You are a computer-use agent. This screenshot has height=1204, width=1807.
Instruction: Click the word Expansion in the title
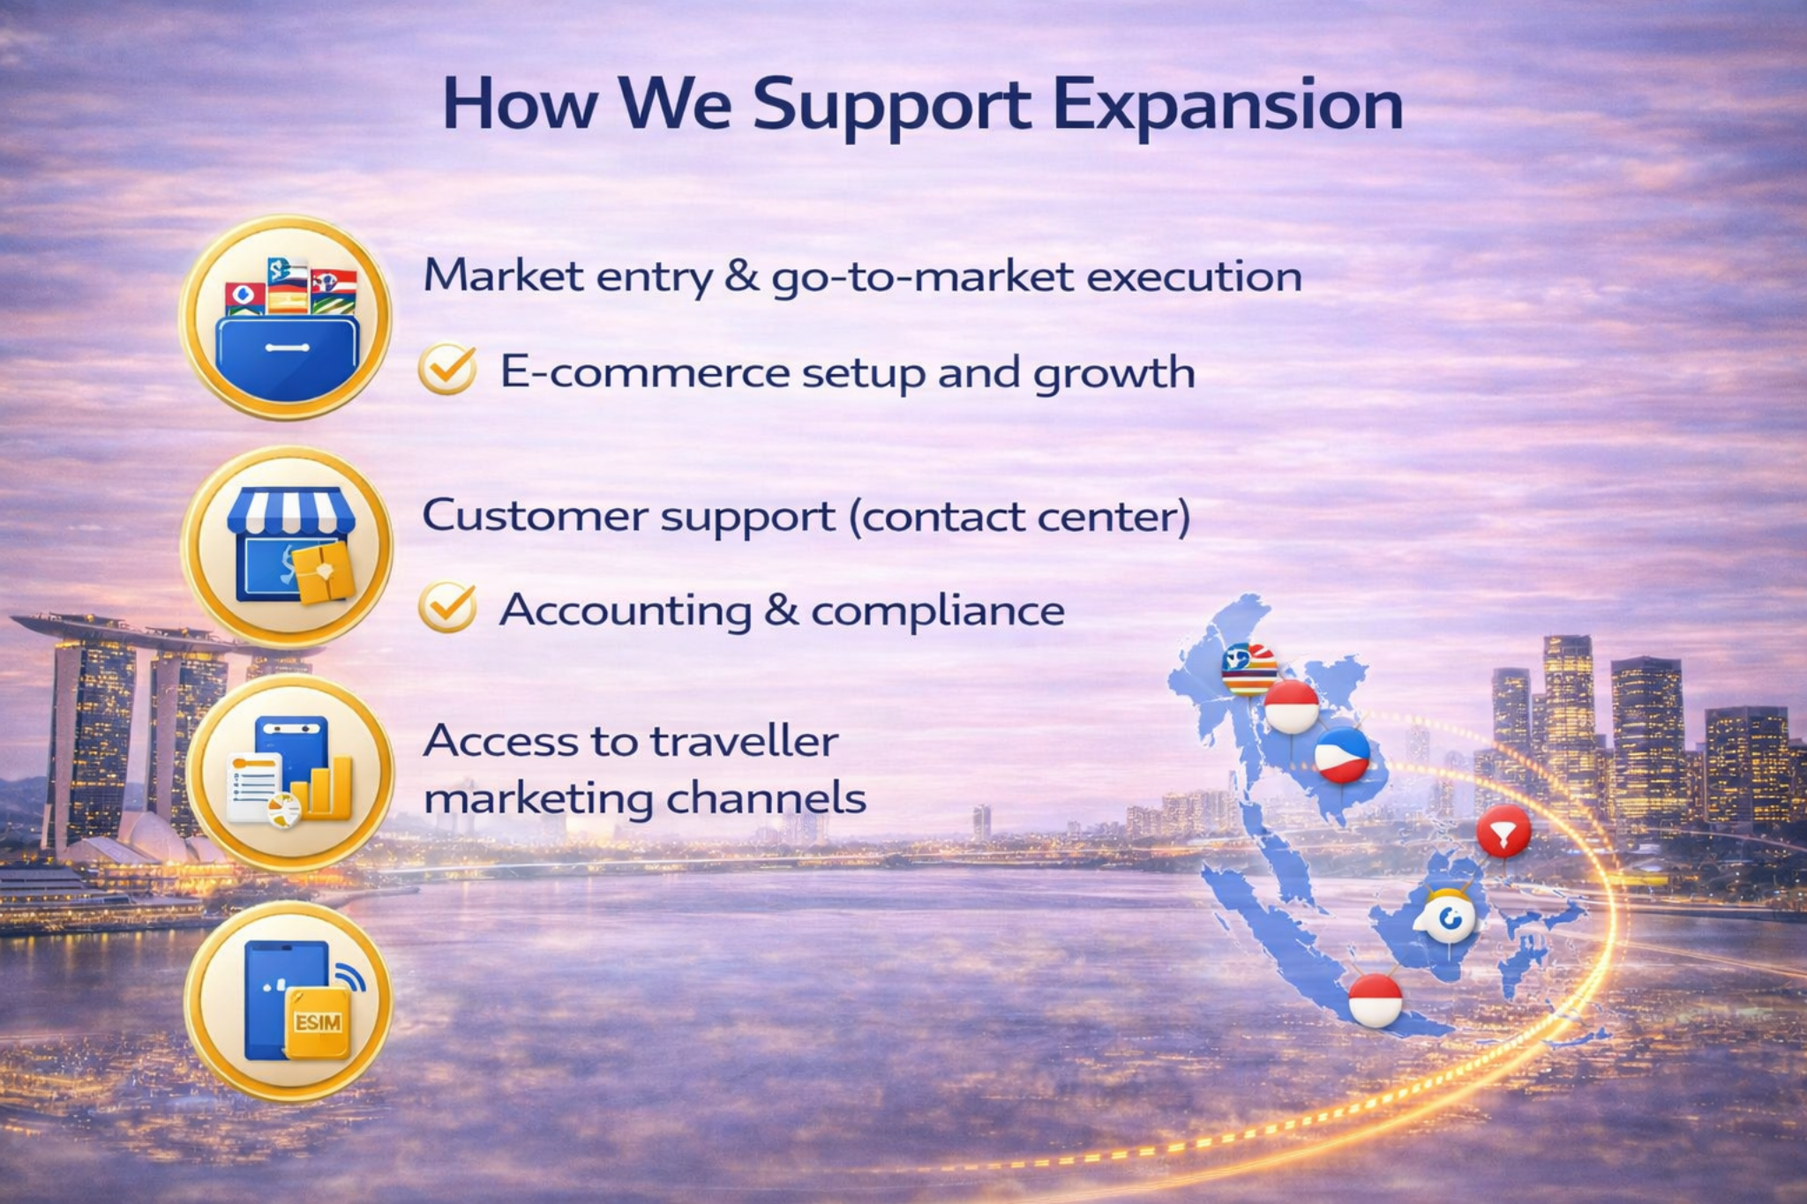point(1227,104)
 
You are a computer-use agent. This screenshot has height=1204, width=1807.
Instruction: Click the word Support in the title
point(891,104)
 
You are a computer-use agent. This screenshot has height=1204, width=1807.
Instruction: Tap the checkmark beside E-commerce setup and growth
point(447,369)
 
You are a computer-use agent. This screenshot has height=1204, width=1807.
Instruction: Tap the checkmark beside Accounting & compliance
point(447,607)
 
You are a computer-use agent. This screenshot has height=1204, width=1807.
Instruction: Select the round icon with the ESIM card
point(289,1001)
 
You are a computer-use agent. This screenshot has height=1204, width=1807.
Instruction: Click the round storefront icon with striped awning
point(289,547)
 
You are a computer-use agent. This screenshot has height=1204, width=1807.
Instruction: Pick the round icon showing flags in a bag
point(286,318)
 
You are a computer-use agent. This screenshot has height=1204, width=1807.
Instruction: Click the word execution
point(1194,276)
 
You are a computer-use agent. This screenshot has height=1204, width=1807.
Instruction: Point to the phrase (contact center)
point(1020,516)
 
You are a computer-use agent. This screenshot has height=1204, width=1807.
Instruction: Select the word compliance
point(937,610)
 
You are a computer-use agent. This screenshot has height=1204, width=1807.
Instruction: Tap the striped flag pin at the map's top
point(1249,669)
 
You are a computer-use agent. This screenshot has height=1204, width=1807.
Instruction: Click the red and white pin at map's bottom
point(1375,999)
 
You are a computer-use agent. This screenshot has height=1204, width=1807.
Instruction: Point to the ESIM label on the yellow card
point(318,1023)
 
